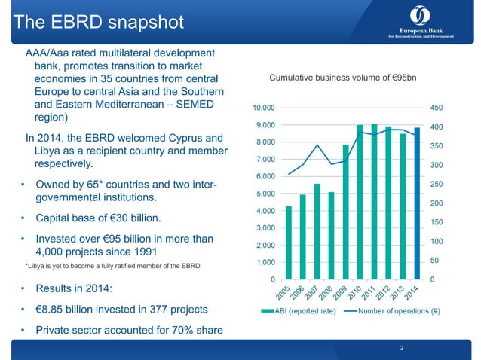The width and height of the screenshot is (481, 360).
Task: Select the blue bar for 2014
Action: tap(416, 203)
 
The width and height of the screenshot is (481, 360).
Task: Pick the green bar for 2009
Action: tap(346, 212)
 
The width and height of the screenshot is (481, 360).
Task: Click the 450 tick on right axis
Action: tap(437, 108)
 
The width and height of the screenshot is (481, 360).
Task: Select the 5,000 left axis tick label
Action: tap(265, 194)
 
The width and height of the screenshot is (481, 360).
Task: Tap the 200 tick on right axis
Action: tap(437, 203)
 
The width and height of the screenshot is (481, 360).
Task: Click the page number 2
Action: tap(402, 347)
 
